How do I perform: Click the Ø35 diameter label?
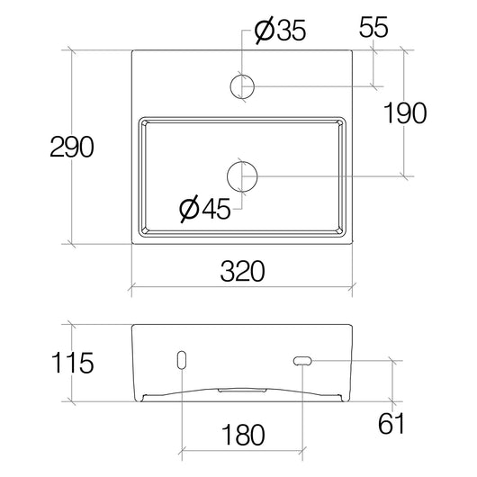point(281,32)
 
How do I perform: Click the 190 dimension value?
point(404,112)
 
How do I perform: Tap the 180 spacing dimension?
point(244,435)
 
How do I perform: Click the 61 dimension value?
point(391,423)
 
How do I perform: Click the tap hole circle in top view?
point(243,86)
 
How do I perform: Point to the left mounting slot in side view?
point(184,361)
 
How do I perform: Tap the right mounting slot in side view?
point(302,361)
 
